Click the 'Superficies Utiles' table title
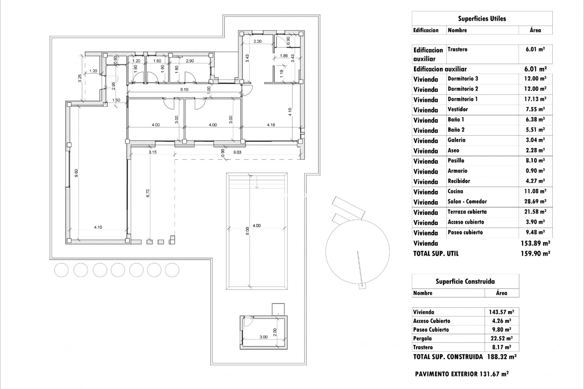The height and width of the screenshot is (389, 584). pos(482,19)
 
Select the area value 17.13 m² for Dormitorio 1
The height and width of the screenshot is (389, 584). pos(535,99)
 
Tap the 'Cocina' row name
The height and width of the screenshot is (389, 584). pos(455,191)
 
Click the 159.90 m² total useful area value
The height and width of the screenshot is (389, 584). pos(535,253)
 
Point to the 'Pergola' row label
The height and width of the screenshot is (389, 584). pos(422,338)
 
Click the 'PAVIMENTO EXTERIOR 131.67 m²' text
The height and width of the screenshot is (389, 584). pos(461,374)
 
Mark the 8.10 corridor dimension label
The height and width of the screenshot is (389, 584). pos(184,90)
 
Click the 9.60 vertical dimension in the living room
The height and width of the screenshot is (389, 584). pos(77,173)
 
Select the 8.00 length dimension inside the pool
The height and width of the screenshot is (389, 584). pos(247,231)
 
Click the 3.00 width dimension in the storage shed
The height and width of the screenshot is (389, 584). pos(263,337)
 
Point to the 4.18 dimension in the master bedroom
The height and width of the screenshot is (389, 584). pos(271,125)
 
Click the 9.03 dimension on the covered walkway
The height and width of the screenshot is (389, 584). pos(237,152)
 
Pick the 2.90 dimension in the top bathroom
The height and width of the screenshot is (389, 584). pos(189,61)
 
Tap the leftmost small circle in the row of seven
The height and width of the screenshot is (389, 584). pos(61,270)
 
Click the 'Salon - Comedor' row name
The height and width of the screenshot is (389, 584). pos(467,201)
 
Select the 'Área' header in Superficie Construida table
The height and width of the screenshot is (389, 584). pos(501,293)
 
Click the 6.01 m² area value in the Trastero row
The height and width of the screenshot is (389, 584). pos(535,49)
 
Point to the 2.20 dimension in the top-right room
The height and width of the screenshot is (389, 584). pos(257,41)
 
